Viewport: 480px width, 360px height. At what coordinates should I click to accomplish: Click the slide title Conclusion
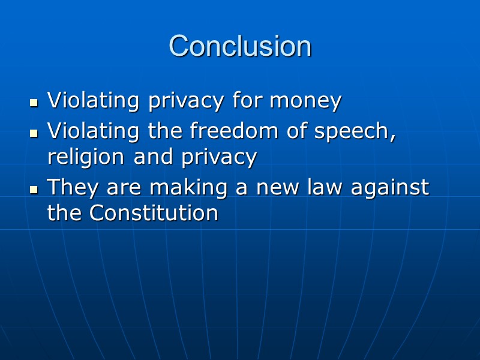(240, 46)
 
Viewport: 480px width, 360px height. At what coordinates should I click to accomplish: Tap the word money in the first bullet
(305, 101)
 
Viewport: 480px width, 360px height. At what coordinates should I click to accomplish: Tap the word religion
(87, 158)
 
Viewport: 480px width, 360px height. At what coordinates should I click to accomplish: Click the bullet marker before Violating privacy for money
(34, 103)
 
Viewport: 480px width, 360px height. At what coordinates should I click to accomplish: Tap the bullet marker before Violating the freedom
(34, 132)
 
